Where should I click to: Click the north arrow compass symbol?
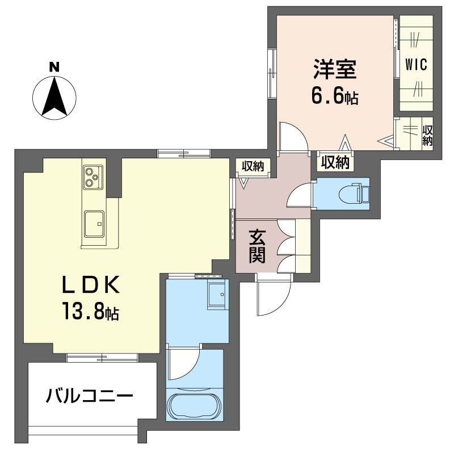point(54,97)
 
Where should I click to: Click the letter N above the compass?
point(54,66)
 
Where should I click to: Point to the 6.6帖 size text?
point(334,97)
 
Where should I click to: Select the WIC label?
point(416,64)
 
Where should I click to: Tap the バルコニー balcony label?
point(90,395)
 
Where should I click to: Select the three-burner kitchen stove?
point(91,178)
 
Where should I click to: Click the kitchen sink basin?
point(93,224)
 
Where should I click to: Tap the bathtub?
point(194,405)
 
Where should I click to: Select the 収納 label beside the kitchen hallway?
point(253,166)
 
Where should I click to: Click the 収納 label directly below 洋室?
point(334,162)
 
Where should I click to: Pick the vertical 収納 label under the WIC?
point(427,136)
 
